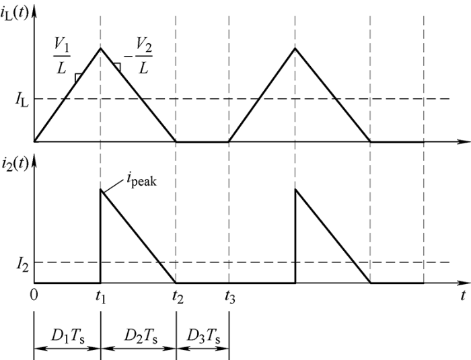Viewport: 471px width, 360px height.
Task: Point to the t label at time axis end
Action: coord(463,295)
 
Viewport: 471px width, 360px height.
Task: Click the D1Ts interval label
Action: coord(67,335)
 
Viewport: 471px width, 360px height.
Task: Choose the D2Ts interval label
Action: coord(138,335)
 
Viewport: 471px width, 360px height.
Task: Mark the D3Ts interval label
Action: coord(202,335)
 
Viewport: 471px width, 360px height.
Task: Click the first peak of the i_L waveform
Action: coord(100,48)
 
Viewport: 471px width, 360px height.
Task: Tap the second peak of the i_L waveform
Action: coord(295,48)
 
